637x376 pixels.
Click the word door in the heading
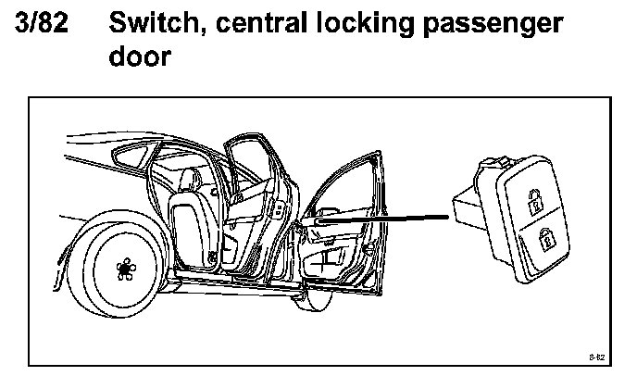coord(140,57)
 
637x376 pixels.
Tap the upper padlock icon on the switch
coord(534,198)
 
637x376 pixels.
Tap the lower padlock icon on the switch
coord(546,238)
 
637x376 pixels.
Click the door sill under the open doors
coord(231,282)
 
